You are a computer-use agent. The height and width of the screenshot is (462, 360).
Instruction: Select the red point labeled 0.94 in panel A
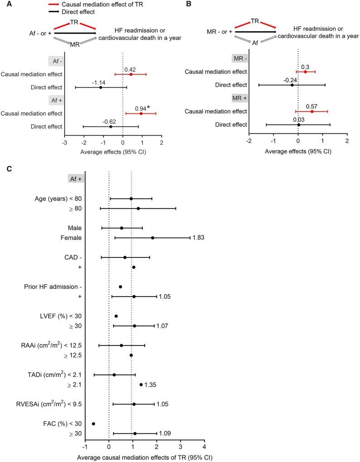(141, 113)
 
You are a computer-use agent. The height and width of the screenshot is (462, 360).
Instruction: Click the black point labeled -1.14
(101, 87)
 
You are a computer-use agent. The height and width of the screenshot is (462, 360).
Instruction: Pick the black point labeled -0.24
(292, 85)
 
